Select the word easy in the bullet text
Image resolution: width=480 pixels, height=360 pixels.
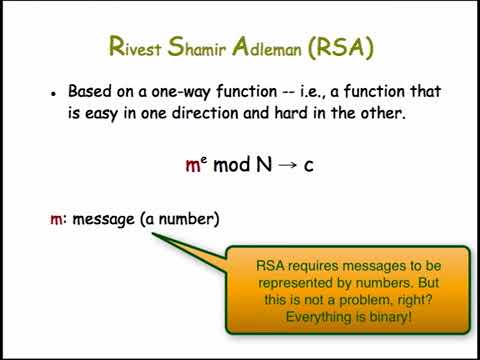click(102, 114)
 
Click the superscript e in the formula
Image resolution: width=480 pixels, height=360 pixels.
click(204, 158)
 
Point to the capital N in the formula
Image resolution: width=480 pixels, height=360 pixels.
click(265, 164)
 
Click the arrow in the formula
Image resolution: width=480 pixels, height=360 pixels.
click(288, 165)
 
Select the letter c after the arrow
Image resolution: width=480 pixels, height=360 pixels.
click(309, 165)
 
